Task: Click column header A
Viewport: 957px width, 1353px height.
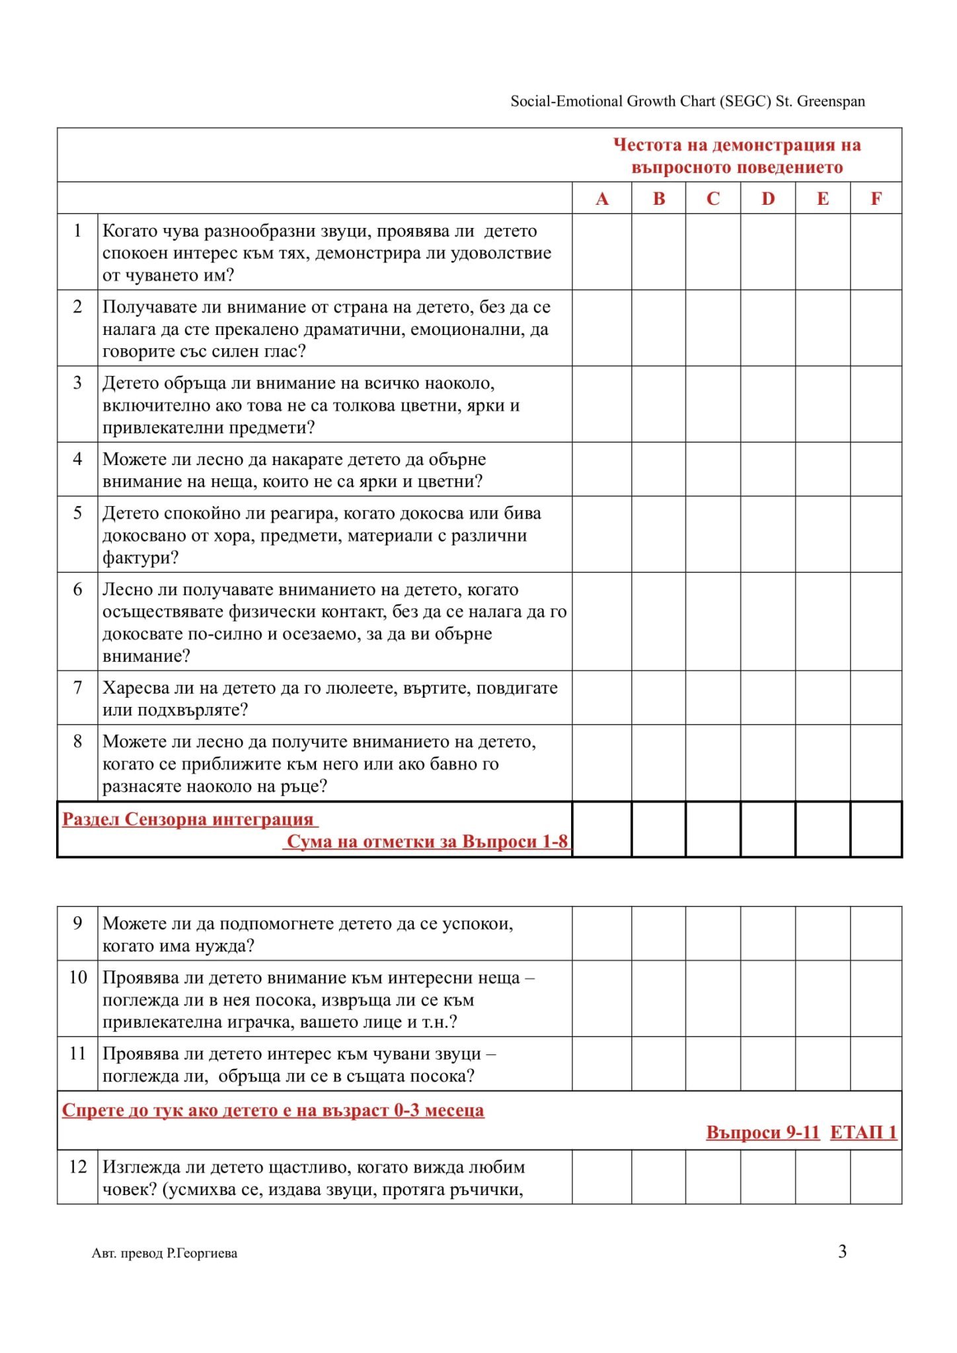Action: click(x=601, y=198)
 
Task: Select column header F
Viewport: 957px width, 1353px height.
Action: click(x=876, y=198)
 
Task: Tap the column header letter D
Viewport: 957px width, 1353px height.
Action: click(x=767, y=198)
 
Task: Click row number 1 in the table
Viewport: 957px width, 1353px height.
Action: click(x=77, y=231)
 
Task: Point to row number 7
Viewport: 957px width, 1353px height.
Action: click(x=77, y=687)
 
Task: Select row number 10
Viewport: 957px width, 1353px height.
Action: click(x=78, y=977)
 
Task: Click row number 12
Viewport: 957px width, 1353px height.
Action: click(x=78, y=1166)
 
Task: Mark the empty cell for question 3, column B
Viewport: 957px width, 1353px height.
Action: click(x=658, y=404)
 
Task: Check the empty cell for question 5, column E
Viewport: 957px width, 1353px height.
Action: click(x=822, y=534)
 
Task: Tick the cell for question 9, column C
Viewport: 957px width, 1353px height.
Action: click(x=712, y=933)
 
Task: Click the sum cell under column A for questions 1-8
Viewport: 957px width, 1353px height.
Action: click(x=601, y=829)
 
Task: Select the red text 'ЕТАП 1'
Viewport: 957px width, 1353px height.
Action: click(x=863, y=1132)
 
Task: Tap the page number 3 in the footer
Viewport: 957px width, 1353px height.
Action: click(x=842, y=1251)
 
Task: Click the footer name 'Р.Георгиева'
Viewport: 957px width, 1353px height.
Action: click(x=202, y=1253)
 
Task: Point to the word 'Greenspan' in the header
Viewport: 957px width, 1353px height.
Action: click(x=831, y=101)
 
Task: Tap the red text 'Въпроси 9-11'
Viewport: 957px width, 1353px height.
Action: click(x=763, y=1132)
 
